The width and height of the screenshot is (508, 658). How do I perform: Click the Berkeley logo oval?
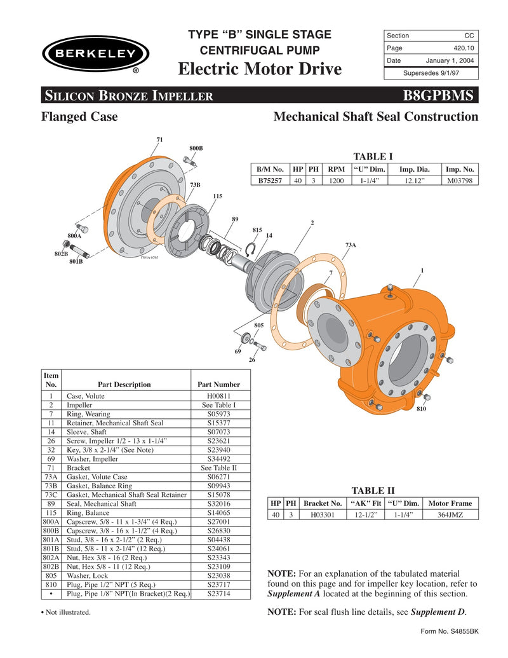click(x=95, y=53)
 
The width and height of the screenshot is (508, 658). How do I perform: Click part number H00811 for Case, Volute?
click(x=218, y=395)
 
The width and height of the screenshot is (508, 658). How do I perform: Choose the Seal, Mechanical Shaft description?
click(x=102, y=504)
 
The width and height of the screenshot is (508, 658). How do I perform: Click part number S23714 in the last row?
click(x=218, y=593)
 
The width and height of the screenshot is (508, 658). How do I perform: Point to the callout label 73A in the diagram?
click(x=351, y=245)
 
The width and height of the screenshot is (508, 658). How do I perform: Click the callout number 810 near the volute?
click(x=421, y=409)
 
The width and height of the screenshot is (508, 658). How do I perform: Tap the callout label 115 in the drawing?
click(x=218, y=196)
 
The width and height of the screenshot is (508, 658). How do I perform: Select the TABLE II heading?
click(x=373, y=490)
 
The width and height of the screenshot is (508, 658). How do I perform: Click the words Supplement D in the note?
click(x=438, y=612)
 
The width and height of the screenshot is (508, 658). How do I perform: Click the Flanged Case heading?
click(x=79, y=116)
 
